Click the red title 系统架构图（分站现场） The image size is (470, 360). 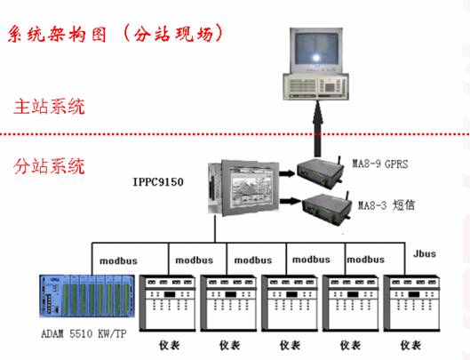click(116, 34)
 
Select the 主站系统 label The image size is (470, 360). click(50, 107)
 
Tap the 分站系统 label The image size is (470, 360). click(50, 166)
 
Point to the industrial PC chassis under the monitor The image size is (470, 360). click(316, 86)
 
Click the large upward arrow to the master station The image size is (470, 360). click(318, 129)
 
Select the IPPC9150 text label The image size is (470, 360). click(158, 182)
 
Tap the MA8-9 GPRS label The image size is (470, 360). click(380, 164)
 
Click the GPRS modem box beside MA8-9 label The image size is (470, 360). click(321, 173)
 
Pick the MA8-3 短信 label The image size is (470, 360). click(386, 205)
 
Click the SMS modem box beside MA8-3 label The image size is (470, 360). click(327, 209)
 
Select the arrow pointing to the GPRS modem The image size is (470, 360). click(287, 173)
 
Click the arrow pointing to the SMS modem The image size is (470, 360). click(291, 201)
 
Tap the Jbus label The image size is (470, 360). click(425, 254)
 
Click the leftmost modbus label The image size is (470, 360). click(118, 260)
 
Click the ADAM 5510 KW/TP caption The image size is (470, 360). click(84, 333)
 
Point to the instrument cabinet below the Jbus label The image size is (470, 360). click(411, 303)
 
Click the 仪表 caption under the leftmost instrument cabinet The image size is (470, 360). click(170, 345)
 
